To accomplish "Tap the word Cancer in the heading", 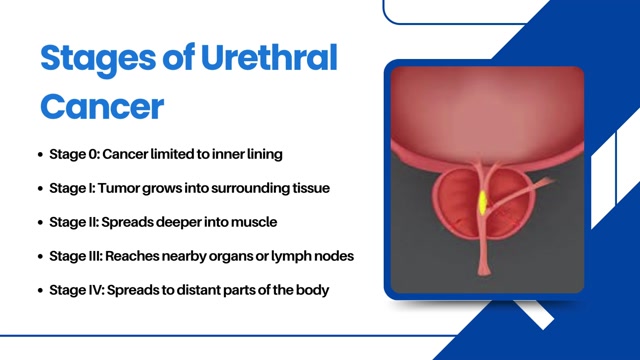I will coord(101,104).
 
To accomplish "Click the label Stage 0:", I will coord(72,155).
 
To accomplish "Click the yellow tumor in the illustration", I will coord(482,203).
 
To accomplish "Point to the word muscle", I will coord(253,221).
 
